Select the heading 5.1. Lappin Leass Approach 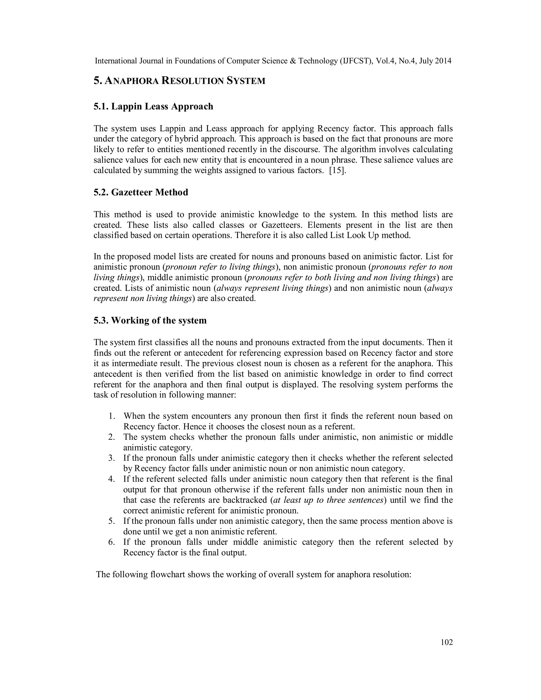pyautogui.click(x=153, y=106)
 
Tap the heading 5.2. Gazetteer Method pyautogui.click(x=141, y=192)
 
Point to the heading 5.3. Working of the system pyautogui.click(x=150, y=320)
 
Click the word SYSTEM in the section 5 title pyautogui.click(x=246, y=81)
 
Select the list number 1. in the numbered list pyautogui.click(x=111, y=416)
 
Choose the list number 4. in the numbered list pyautogui.click(x=111, y=479)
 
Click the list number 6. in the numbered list pyautogui.click(x=111, y=542)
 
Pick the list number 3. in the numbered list pyautogui.click(x=111, y=458)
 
